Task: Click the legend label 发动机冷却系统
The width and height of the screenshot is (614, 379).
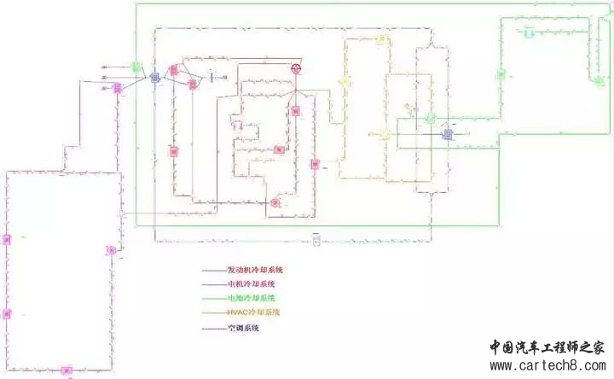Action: click(x=255, y=271)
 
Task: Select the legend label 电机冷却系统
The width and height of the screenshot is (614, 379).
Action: click(x=252, y=284)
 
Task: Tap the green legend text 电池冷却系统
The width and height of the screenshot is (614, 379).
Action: click(x=252, y=299)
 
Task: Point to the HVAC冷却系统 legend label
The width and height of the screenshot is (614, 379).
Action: click(x=253, y=313)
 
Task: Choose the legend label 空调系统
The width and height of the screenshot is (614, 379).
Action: click(x=243, y=328)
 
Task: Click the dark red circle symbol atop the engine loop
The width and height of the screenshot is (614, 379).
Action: click(x=298, y=67)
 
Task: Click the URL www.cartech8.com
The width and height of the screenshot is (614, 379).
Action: click(x=546, y=366)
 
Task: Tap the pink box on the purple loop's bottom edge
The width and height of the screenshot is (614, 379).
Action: click(x=67, y=370)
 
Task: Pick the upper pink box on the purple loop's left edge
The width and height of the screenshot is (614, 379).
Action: click(x=6, y=239)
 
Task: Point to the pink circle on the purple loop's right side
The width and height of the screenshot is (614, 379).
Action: click(x=110, y=250)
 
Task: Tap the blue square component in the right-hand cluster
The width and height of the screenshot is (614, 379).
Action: click(x=448, y=134)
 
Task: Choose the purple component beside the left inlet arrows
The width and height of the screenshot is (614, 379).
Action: click(x=118, y=88)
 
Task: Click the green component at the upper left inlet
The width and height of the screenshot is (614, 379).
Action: click(x=136, y=66)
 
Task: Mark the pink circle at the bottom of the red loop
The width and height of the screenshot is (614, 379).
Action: click(x=275, y=203)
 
